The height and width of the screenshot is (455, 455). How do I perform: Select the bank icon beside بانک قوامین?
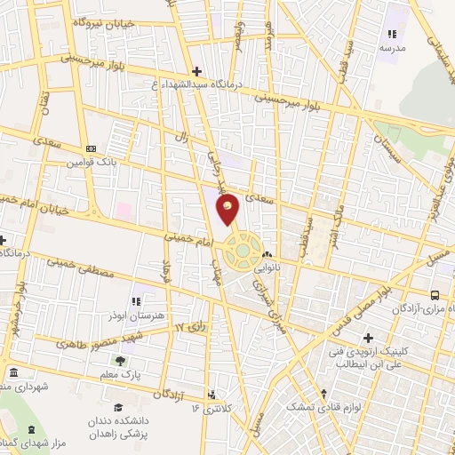point(91,148)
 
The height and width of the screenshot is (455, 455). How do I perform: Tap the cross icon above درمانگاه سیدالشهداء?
point(197,71)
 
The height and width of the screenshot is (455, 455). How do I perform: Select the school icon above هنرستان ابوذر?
point(135,302)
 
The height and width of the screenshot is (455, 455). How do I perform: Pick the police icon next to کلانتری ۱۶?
point(212,394)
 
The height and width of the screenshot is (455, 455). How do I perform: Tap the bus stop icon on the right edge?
point(435,294)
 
